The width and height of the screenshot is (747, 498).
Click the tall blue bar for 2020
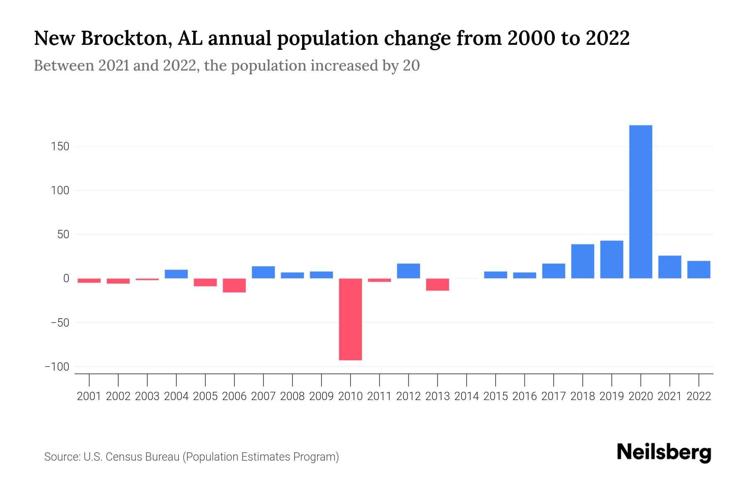pos(641,202)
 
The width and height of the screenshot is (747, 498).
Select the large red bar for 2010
pos(350,319)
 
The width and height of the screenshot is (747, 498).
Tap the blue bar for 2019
pos(612,259)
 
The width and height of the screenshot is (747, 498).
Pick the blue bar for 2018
pos(583,261)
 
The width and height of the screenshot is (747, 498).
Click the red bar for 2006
pos(234,286)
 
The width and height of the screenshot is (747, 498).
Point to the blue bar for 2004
pos(176,274)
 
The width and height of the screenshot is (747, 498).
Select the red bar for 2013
pos(437,284)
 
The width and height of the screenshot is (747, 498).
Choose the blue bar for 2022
pos(699,269)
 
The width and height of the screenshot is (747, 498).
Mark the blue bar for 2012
pos(408,271)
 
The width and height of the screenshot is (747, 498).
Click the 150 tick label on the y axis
pos(61,146)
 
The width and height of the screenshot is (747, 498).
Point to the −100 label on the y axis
pos(57,367)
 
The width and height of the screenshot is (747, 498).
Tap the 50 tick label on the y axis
pos(63,234)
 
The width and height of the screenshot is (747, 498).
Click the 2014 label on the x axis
pos(466,396)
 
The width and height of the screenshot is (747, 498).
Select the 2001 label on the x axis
pos(89,396)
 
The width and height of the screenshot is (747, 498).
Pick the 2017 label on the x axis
pos(554,396)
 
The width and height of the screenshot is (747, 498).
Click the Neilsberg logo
pos(664,452)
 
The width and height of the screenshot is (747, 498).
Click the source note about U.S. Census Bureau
pos(191,457)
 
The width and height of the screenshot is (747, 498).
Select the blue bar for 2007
pos(264,272)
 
